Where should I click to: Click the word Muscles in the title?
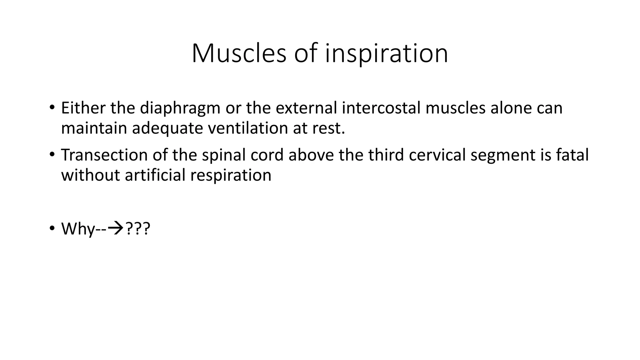coord(239,53)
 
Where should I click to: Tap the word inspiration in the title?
coord(387,53)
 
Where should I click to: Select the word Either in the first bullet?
coord(83,108)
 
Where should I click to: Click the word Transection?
coord(104,155)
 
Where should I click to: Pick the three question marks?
coord(137,229)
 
